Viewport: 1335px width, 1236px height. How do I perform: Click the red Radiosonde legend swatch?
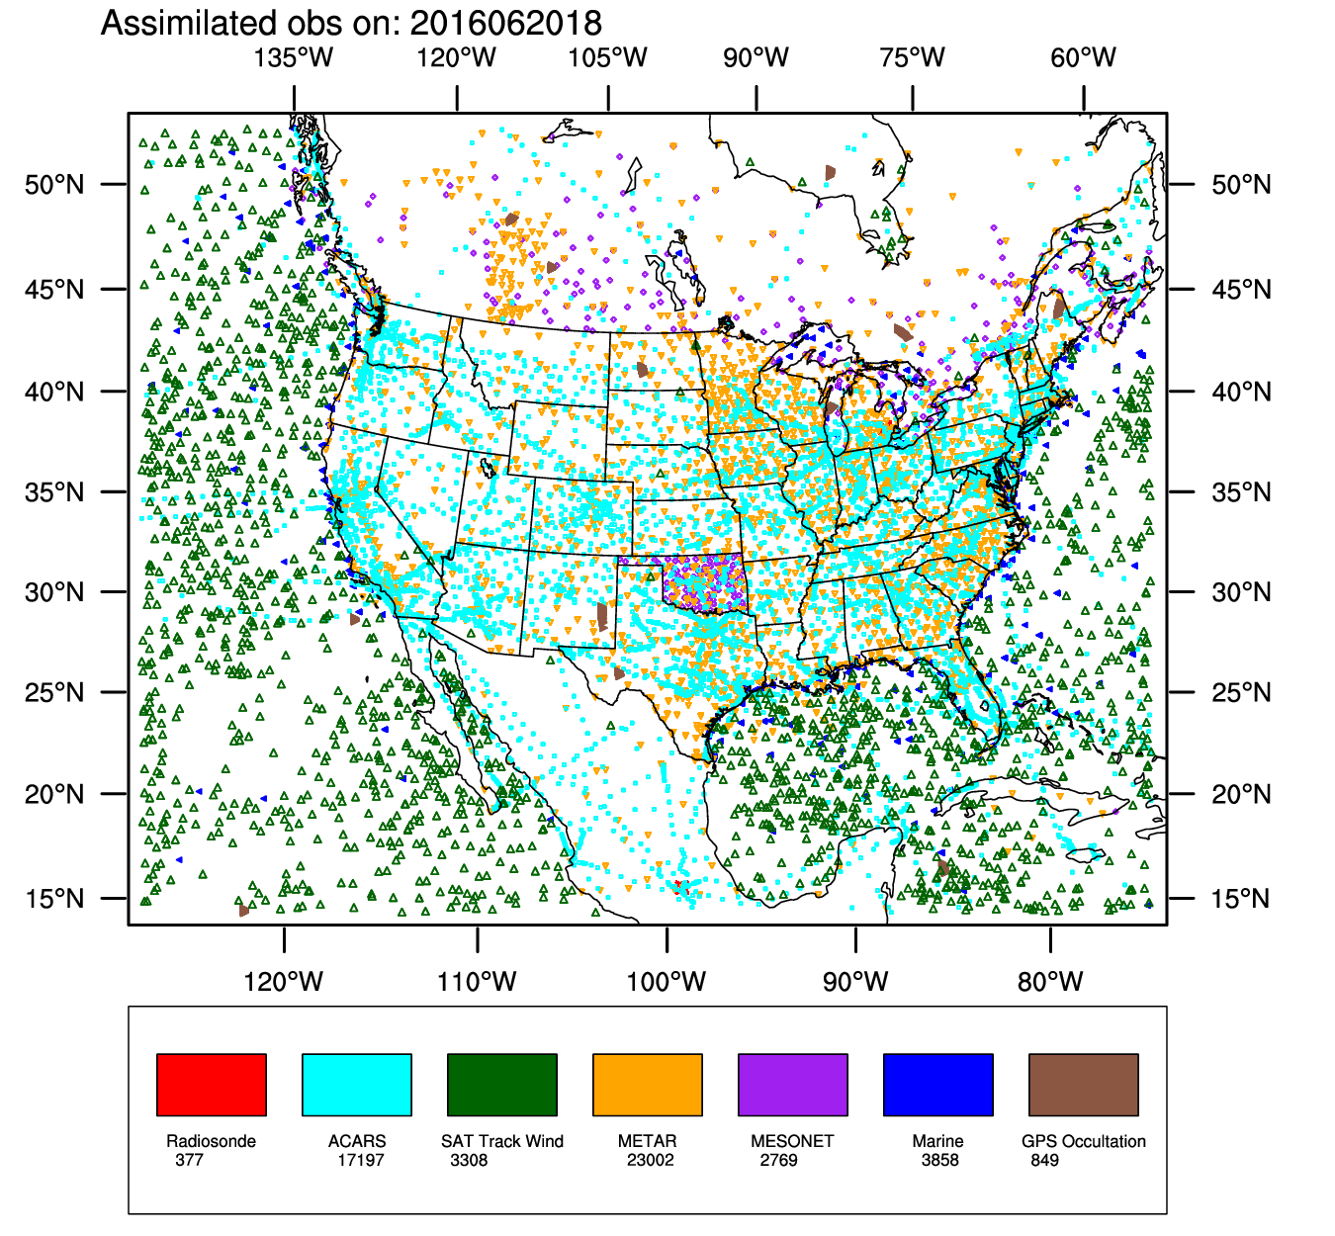tap(212, 1084)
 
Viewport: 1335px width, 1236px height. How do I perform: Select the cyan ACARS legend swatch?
tap(357, 1084)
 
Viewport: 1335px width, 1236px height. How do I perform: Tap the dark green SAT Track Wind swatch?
tap(502, 1084)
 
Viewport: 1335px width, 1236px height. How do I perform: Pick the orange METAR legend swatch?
tap(648, 1084)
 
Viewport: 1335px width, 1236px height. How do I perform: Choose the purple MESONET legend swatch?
tap(793, 1084)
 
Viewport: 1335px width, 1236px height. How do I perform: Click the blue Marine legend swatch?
tap(938, 1084)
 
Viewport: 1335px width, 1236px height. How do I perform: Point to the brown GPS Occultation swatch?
tap(1084, 1084)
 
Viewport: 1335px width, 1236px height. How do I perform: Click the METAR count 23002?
tap(650, 1160)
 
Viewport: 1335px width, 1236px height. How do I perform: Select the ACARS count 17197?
tap(360, 1160)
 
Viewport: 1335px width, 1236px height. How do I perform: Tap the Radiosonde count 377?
tap(189, 1160)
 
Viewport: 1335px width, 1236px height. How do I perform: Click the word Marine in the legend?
tap(937, 1141)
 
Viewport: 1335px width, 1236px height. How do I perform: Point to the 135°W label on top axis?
tap(294, 57)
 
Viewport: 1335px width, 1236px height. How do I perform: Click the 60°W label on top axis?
tap(1083, 57)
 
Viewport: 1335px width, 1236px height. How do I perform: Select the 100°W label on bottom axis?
tap(667, 982)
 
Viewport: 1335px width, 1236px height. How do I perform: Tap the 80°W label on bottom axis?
tap(1050, 982)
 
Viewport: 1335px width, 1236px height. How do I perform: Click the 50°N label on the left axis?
tap(55, 185)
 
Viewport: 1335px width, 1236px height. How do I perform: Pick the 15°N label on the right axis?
tap(1241, 899)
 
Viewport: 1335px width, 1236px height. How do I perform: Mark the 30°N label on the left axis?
tap(55, 592)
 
